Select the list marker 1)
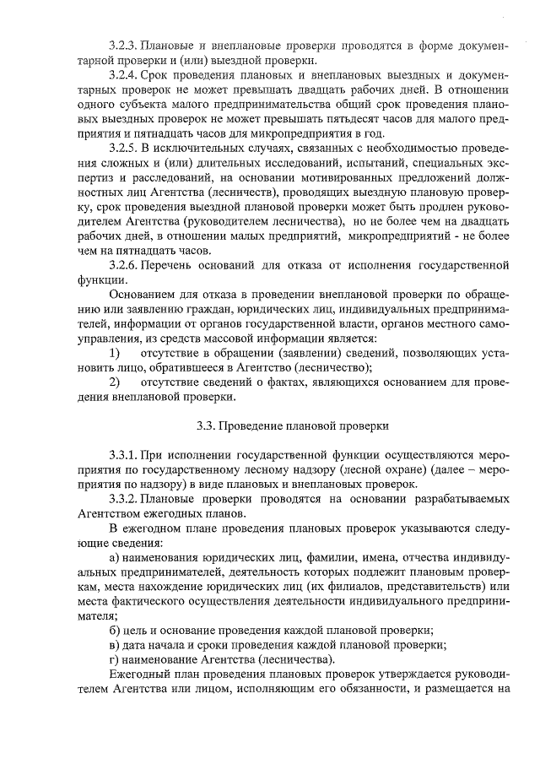pos(114,352)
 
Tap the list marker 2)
pos(114,382)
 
